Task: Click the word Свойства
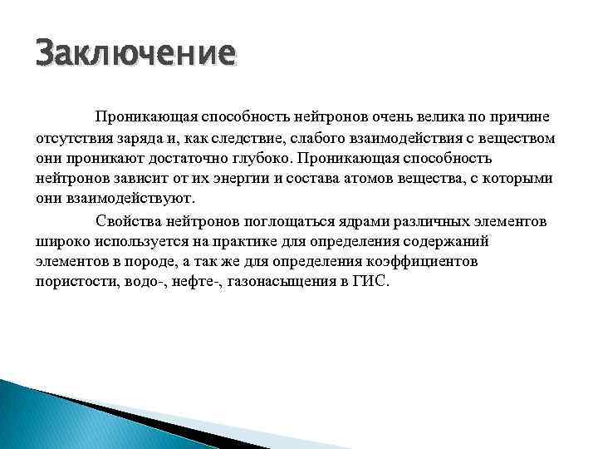(x=125, y=220)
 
